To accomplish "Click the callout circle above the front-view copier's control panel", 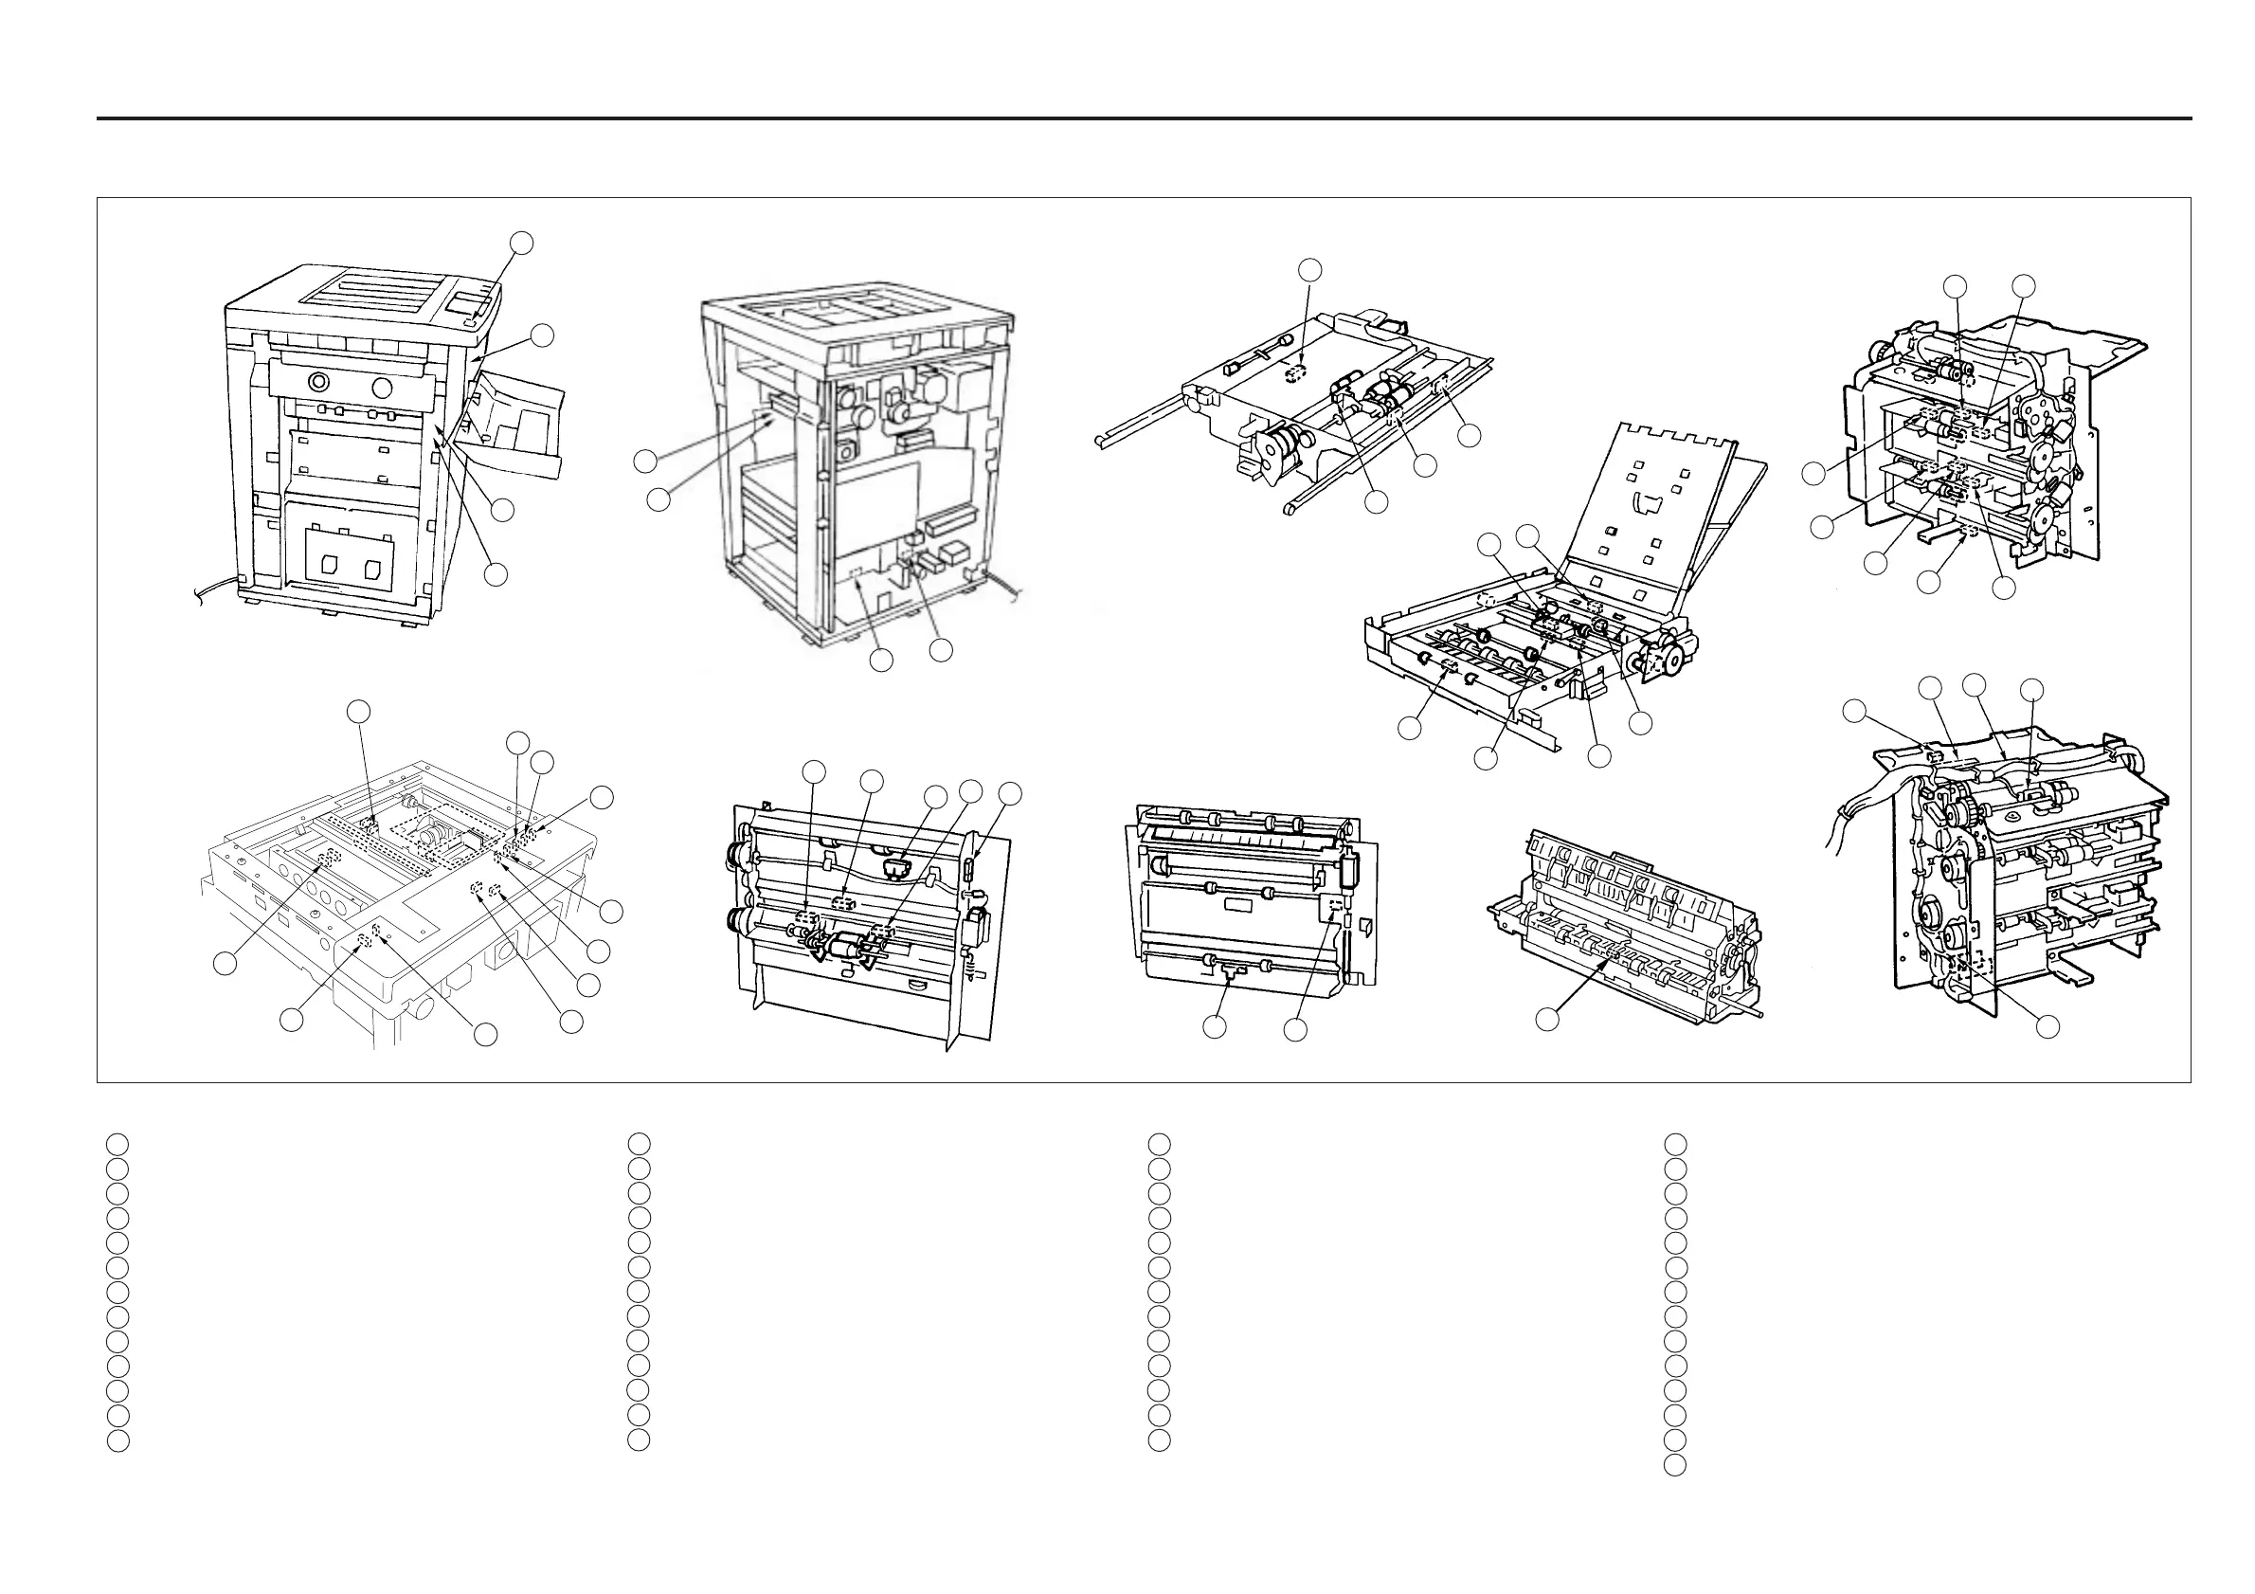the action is (522, 243).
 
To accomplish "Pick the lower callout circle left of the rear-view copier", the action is (658, 498).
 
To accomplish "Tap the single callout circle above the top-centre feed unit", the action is (1309, 269).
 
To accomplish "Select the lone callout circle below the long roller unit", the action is (1547, 1020).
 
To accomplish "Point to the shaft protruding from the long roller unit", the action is (1749, 1010).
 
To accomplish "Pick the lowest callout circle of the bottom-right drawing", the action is (2047, 1026).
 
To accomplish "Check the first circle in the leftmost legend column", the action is (117, 1144).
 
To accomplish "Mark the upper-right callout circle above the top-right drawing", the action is (2023, 287).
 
